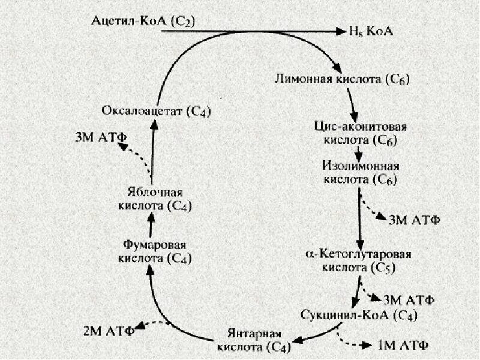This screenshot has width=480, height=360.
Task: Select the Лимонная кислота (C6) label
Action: pyautogui.click(x=342, y=79)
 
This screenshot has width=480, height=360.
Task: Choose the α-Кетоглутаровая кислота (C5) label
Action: pyautogui.click(x=359, y=259)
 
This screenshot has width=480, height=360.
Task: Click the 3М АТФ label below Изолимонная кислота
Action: pyautogui.click(x=414, y=220)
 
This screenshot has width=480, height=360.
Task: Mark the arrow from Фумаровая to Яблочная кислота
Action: pyautogui.click(x=151, y=226)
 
